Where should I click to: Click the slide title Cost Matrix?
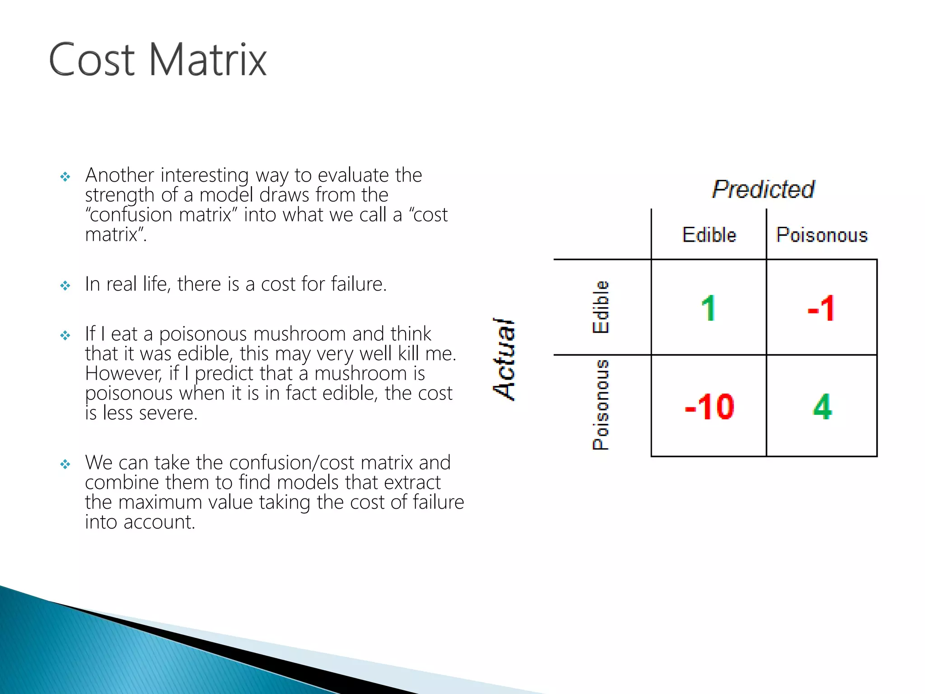tap(158, 60)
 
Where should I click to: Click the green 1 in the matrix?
tap(709, 309)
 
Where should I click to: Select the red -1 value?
tap(822, 309)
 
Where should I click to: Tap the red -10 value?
tap(709, 407)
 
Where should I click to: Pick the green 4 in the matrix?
tap(822, 407)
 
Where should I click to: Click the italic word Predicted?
tap(763, 189)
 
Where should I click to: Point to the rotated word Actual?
tap(504, 359)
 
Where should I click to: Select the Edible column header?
tap(709, 235)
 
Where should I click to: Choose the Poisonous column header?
tap(822, 235)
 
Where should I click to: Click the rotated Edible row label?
tap(601, 307)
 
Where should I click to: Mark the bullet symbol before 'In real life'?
tap(65, 286)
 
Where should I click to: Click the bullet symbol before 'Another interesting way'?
tap(65, 177)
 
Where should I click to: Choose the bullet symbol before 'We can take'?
tap(65, 464)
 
